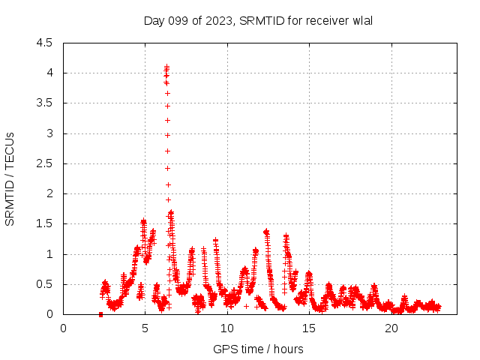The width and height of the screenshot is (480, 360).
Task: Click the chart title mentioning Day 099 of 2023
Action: pos(258,20)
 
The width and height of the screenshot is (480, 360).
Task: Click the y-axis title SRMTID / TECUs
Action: pos(10,178)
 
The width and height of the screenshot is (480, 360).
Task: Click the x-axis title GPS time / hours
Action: pos(258,349)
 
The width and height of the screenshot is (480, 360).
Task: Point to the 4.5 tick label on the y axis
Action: pos(44,43)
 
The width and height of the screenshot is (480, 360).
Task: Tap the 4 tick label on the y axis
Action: pos(49,73)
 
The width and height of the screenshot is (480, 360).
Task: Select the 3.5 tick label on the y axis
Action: pos(44,103)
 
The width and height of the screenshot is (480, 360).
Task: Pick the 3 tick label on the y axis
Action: pos(49,133)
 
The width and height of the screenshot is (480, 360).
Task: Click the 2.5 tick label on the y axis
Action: pos(44,163)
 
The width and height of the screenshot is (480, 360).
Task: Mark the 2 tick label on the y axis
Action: pos(49,193)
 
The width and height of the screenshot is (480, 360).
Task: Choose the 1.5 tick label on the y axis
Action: pos(44,223)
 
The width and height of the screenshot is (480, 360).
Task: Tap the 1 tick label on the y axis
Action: pos(49,254)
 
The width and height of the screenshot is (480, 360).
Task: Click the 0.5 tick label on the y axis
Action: pos(44,284)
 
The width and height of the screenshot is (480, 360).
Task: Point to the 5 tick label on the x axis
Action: pos(145,328)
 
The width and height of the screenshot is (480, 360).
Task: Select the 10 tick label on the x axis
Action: pos(227,328)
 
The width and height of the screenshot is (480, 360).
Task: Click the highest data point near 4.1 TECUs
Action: pos(166,67)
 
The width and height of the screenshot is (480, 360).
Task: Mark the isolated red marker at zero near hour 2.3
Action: pos(100,314)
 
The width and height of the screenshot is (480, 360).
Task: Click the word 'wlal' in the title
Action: pos(362,20)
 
